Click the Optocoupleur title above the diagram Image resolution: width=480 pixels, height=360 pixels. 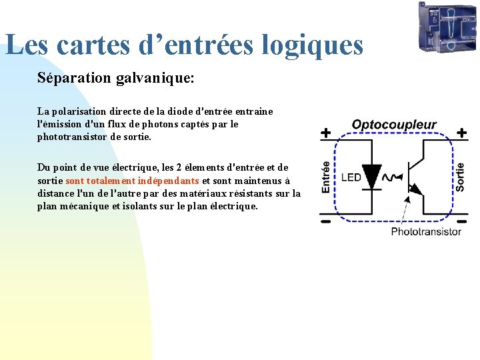[x=394, y=125]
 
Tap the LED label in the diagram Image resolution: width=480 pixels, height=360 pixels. [x=351, y=177]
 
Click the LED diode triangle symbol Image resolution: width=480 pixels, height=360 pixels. [x=371, y=175]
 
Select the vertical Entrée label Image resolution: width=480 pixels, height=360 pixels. [x=326, y=177]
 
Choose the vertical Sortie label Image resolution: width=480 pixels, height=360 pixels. [x=461, y=177]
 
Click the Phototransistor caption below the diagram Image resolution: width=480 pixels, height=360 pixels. [x=425, y=231]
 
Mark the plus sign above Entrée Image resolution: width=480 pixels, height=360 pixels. [x=325, y=133]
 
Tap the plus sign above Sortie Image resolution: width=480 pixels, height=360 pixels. [x=461, y=133]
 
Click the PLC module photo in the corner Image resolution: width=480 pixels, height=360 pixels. [x=446, y=27]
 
